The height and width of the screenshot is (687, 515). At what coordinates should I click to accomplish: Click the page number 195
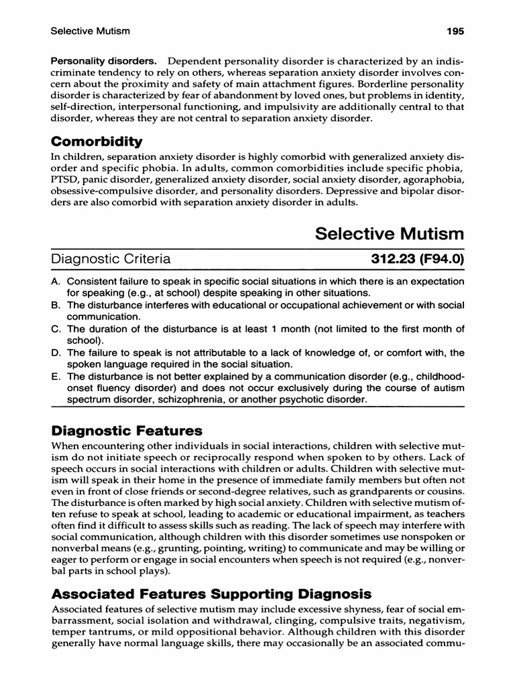tap(453, 31)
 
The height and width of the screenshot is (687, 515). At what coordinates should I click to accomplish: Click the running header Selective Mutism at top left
tap(90, 31)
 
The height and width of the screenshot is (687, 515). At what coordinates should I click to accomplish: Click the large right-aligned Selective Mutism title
tap(390, 234)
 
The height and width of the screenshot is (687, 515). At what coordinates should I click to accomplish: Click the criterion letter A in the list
tap(56, 282)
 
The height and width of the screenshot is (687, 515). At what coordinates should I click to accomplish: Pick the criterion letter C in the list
tap(56, 329)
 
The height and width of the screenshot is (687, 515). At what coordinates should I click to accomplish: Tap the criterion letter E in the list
tap(56, 376)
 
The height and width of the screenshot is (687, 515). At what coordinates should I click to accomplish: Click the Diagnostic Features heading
tap(127, 430)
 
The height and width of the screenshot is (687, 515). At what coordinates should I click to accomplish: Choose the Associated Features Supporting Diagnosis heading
tap(211, 594)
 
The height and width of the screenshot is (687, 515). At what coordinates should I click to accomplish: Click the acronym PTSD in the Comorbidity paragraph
tap(64, 180)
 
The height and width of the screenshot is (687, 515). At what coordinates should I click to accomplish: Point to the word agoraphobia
tap(434, 180)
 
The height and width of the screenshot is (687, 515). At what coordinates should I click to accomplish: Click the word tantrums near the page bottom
tap(110, 633)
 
